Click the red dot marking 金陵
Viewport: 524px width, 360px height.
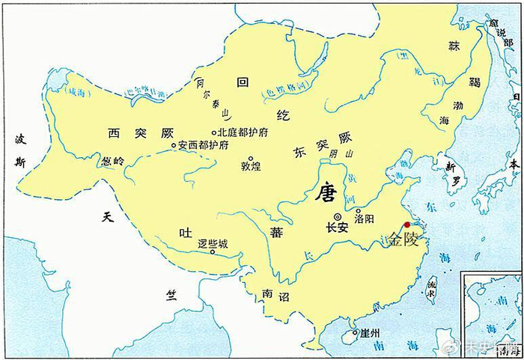(x=407, y=225)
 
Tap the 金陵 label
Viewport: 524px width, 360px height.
(x=406, y=240)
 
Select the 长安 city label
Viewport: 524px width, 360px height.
(x=338, y=228)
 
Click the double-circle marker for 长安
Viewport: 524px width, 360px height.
(x=338, y=216)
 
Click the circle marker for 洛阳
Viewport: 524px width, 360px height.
(x=359, y=212)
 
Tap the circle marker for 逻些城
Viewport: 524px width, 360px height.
(x=213, y=252)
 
